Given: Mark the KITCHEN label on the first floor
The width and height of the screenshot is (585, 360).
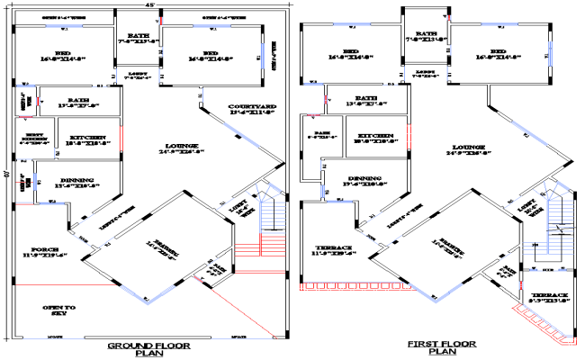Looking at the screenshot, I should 373,139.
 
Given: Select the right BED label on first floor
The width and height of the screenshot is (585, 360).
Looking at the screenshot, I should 498,55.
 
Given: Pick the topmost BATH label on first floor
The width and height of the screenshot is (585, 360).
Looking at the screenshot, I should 423,37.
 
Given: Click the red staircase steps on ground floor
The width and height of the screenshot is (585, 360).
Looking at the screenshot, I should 269,245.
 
